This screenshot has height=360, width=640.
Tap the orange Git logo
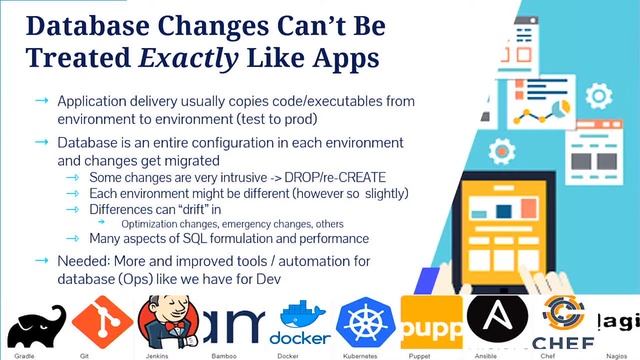103,320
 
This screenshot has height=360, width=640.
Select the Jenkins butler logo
163,319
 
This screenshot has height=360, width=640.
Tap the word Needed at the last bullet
89,260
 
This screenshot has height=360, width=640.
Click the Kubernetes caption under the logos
368,353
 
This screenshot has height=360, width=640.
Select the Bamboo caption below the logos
231,353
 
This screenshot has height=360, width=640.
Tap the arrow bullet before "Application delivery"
40,101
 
